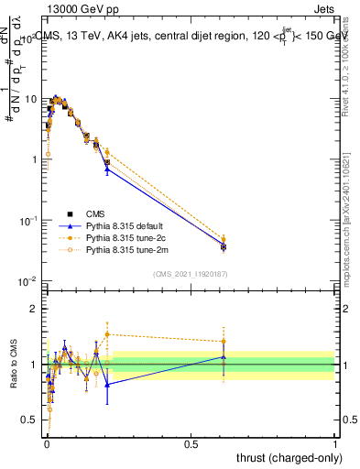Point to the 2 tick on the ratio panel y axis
[x=36, y=309]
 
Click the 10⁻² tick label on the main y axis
[x=29, y=281]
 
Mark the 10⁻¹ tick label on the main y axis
[x=29, y=221]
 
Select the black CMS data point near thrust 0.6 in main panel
[x=224, y=247]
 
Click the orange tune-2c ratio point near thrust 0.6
[x=224, y=342]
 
